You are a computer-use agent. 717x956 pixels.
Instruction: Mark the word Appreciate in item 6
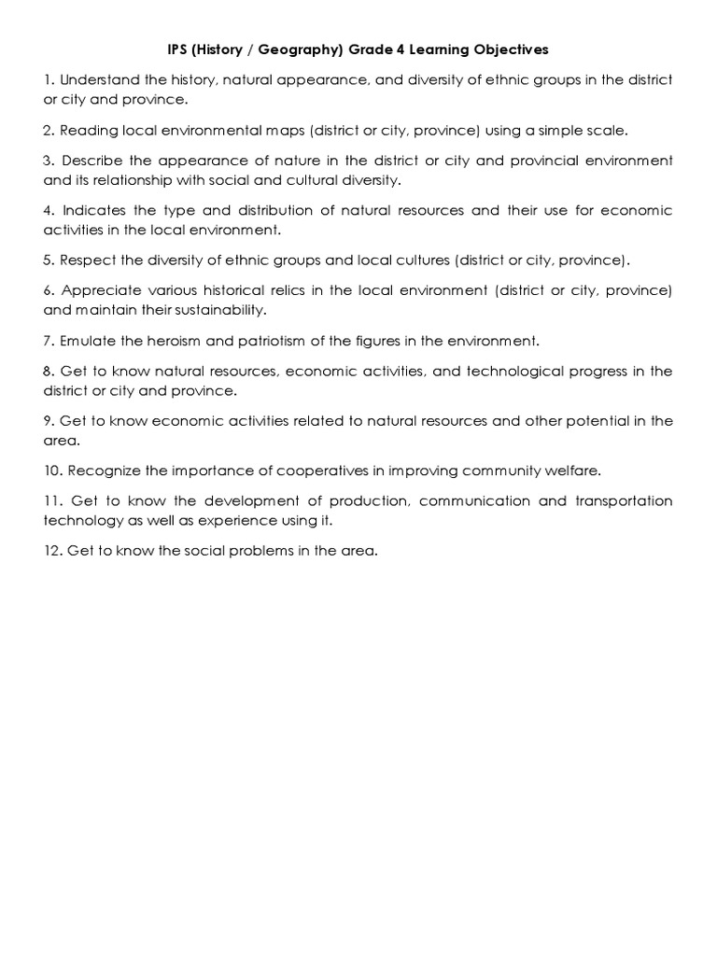click(103, 290)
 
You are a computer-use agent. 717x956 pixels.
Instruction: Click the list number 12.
click(52, 550)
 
